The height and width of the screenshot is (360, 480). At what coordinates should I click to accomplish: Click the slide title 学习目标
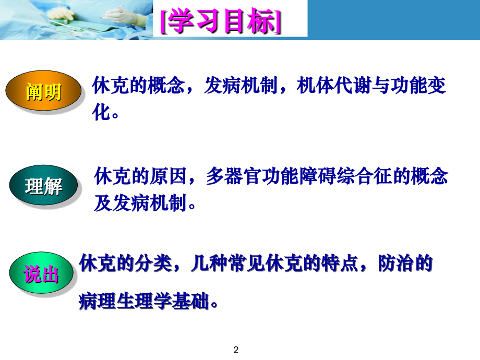tap(222, 22)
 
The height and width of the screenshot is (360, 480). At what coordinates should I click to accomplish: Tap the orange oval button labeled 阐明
tap(44, 92)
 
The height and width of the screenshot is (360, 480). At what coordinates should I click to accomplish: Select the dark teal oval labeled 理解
tap(43, 186)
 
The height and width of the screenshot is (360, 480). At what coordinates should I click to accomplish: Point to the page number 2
tap(236, 349)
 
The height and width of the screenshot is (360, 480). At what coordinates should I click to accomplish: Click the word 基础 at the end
tap(191, 301)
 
